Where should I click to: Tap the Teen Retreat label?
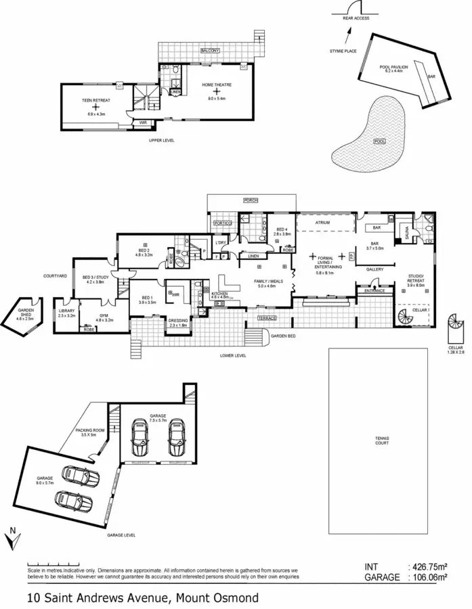(95, 100)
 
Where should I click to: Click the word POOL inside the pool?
(380, 141)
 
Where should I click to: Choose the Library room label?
(66, 312)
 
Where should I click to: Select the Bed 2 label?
(144, 251)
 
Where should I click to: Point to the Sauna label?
(406, 232)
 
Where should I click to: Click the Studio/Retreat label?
(416, 277)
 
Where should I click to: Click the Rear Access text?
(356, 18)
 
